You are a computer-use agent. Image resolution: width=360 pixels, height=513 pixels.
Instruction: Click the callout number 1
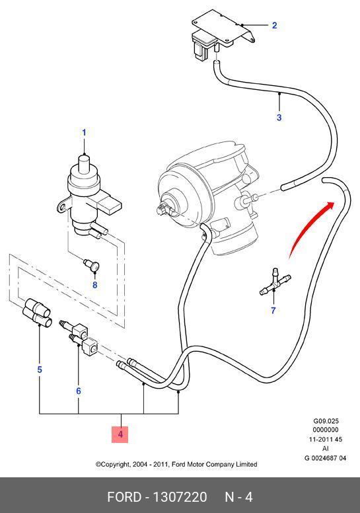(84, 132)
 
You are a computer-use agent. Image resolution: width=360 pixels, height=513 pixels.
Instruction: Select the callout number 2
(274, 25)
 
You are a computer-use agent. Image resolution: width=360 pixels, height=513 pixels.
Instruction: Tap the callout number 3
(279, 117)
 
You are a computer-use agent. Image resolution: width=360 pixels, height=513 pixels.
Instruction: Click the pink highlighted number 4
(120, 434)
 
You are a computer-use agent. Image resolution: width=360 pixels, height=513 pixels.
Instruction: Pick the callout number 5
(40, 370)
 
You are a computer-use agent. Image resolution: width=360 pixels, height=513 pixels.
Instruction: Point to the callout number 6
(79, 391)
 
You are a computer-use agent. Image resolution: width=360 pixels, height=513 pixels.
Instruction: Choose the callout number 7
(273, 310)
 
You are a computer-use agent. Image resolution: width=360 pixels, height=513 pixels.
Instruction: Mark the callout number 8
(95, 285)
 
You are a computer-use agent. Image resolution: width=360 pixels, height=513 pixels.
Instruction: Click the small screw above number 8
(91, 264)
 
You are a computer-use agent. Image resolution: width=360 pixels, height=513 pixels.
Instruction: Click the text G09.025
(326, 421)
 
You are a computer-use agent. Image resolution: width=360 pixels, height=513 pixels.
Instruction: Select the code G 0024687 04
(326, 458)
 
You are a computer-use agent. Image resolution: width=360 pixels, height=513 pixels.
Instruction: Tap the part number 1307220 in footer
(180, 497)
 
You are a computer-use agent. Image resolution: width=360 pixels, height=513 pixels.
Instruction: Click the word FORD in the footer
(124, 497)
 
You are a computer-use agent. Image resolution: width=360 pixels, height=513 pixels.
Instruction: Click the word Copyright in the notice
(113, 464)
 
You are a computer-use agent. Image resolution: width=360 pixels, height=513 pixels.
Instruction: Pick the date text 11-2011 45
(326, 440)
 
